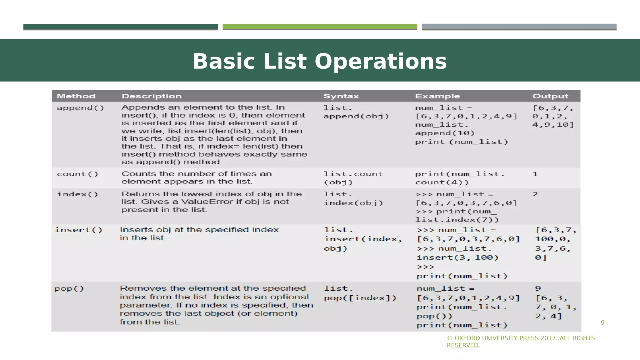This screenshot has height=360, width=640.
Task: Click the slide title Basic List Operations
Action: tap(320, 61)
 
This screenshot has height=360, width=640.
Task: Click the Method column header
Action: tap(76, 96)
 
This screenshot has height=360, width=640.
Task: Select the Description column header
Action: tap(152, 96)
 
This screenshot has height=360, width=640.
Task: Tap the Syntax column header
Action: tap(341, 96)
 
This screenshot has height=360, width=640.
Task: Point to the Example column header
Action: tap(437, 96)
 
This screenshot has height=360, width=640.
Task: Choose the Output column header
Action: tap(550, 96)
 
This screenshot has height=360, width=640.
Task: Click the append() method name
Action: tap(80, 108)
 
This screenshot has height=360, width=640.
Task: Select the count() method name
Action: tap(77, 174)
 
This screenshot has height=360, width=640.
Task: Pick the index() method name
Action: tap(77, 194)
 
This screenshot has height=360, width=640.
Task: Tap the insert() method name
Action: tap(78, 230)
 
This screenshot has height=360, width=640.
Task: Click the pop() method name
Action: tap(69, 288)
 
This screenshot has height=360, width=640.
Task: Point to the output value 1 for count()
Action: tap(535, 174)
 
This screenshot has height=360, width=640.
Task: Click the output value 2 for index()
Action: tap(535, 194)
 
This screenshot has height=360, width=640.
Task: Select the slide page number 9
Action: tap(602, 322)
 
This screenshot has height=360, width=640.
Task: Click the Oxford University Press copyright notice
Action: tap(521, 342)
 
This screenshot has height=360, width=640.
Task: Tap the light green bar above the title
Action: tap(320, 27)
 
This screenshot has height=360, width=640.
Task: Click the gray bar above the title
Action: tap(519, 27)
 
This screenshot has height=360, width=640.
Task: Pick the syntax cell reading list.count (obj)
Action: tap(353, 178)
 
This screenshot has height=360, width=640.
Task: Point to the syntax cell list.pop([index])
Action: tap(360, 293)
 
